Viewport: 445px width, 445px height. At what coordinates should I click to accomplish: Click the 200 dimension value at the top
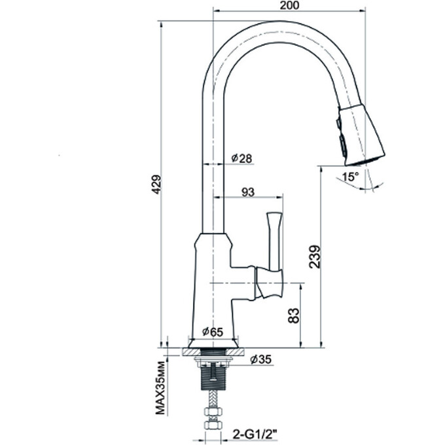[289, 5]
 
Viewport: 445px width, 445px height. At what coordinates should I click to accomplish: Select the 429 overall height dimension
[156, 184]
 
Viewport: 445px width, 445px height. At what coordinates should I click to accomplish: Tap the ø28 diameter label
[241, 158]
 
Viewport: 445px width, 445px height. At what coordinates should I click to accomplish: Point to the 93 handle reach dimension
[248, 192]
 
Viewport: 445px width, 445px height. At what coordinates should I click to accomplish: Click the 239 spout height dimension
[315, 257]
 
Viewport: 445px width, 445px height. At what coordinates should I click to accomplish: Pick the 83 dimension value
[293, 315]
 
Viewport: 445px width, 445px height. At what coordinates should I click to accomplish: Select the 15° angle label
[349, 177]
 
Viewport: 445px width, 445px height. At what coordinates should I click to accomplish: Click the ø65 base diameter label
[213, 332]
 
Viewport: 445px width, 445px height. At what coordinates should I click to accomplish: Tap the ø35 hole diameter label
[261, 359]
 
